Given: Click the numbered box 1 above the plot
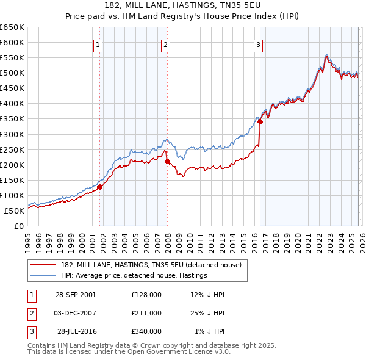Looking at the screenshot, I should click(x=98, y=44).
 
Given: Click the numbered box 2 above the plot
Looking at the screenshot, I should click(x=165, y=44).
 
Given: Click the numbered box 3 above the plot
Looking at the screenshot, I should click(x=258, y=44).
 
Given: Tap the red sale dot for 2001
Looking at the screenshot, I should click(x=100, y=187).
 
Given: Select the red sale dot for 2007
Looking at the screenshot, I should click(x=167, y=161).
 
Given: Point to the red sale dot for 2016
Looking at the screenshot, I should click(x=260, y=121).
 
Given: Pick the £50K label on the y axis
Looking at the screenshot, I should click(x=15, y=211).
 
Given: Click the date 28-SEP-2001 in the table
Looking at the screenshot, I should click(x=76, y=295).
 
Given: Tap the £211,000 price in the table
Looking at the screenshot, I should click(x=146, y=313).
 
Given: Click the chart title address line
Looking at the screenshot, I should click(x=183, y=7).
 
